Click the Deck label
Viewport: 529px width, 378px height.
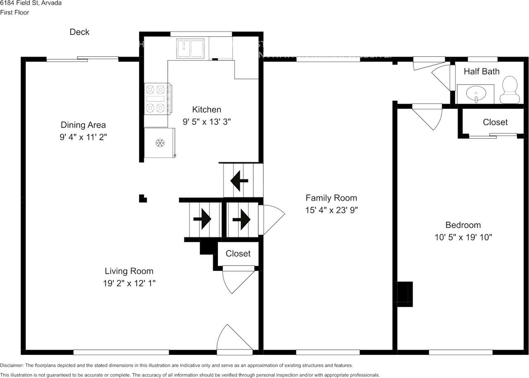[x=79, y=32]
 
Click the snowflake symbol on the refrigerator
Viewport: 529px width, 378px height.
[x=160, y=143]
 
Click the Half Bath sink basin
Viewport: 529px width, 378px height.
[x=476, y=94]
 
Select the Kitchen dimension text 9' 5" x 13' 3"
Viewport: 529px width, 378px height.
[x=207, y=122]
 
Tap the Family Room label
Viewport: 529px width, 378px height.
[x=331, y=198]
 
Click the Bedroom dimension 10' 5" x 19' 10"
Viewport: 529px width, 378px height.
[x=462, y=238]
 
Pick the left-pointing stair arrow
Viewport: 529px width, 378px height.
[x=239, y=181]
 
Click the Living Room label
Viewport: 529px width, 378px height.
[x=129, y=271]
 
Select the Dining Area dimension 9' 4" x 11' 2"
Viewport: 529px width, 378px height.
[x=83, y=137]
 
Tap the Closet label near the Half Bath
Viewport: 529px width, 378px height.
[x=495, y=122]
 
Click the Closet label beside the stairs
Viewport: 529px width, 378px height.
[x=238, y=254]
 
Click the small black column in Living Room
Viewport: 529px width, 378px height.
[x=143, y=199]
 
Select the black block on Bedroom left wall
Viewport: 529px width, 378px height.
[x=405, y=294]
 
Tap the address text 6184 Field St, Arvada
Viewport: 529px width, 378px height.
[x=31, y=3]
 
